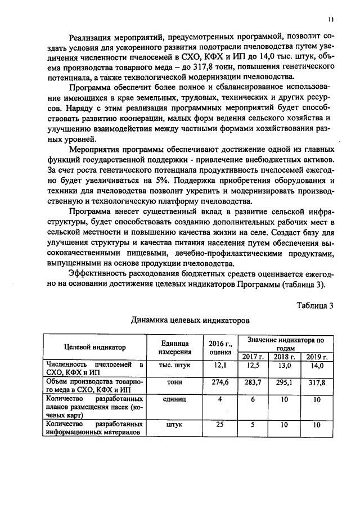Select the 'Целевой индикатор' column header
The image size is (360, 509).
pos(94,348)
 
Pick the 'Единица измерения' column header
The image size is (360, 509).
pos(174,348)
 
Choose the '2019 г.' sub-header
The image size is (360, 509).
pos(317,357)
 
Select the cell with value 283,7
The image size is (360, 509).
pos(253,382)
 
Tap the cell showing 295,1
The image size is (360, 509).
pos(285,382)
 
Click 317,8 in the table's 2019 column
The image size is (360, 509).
pos(317,382)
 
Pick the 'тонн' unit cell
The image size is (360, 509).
pos(174,382)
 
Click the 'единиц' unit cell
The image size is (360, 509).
pos(174,399)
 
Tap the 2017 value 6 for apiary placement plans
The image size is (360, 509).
pos(253,399)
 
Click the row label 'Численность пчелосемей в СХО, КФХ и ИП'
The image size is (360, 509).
pos(94,370)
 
